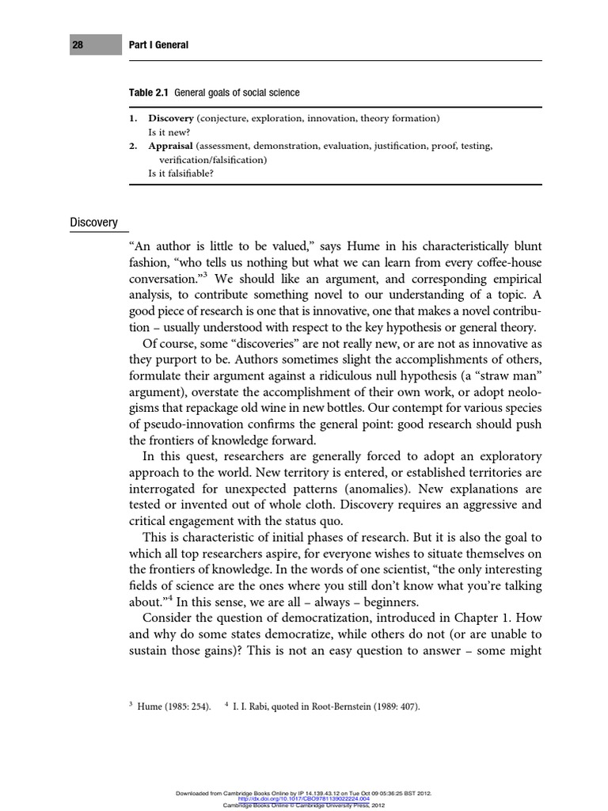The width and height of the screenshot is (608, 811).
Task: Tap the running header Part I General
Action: (x=158, y=45)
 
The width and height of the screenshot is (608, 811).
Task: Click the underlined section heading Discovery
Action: (x=93, y=223)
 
